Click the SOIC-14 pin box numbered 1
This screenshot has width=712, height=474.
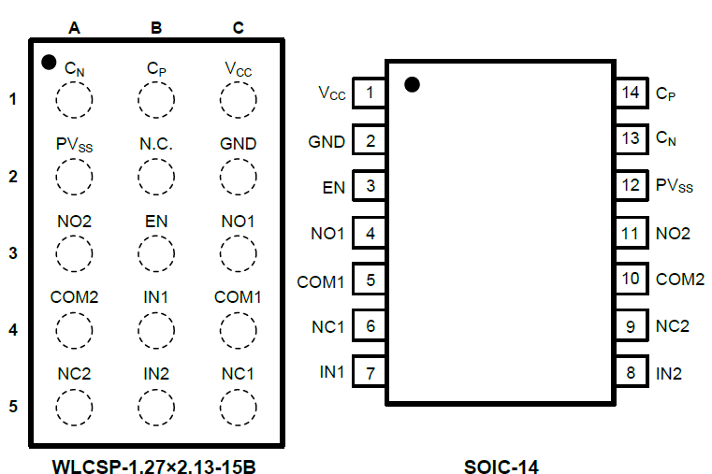click(x=371, y=93)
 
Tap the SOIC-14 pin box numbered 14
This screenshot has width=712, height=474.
click(x=632, y=93)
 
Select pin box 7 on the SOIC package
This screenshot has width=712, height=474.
click(x=371, y=373)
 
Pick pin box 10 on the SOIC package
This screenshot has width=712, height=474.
click(x=632, y=279)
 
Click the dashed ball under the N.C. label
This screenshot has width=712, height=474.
click(x=156, y=175)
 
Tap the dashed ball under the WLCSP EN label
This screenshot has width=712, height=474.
click(x=156, y=251)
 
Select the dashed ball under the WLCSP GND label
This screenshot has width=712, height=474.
click(x=239, y=175)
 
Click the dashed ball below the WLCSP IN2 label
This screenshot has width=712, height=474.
click(x=156, y=405)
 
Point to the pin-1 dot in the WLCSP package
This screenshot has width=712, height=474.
click(x=49, y=63)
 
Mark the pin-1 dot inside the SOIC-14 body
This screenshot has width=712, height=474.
click(x=412, y=85)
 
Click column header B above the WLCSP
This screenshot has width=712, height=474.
click(x=156, y=28)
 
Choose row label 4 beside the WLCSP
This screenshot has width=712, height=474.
click(x=13, y=329)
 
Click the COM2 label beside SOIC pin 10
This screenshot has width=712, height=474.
click(x=680, y=279)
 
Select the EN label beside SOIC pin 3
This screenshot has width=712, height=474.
click(x=334, y=187)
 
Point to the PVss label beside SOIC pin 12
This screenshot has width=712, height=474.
click(x=674, y=186)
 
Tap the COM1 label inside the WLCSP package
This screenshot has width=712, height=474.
click(x=238, y=297)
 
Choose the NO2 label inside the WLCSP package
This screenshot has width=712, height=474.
click(x=74, y=222)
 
